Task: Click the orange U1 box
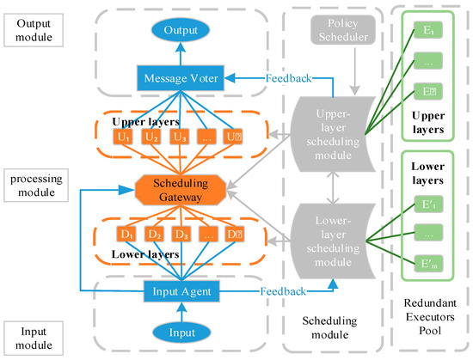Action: (123, 135)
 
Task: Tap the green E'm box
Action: (428, 263)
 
